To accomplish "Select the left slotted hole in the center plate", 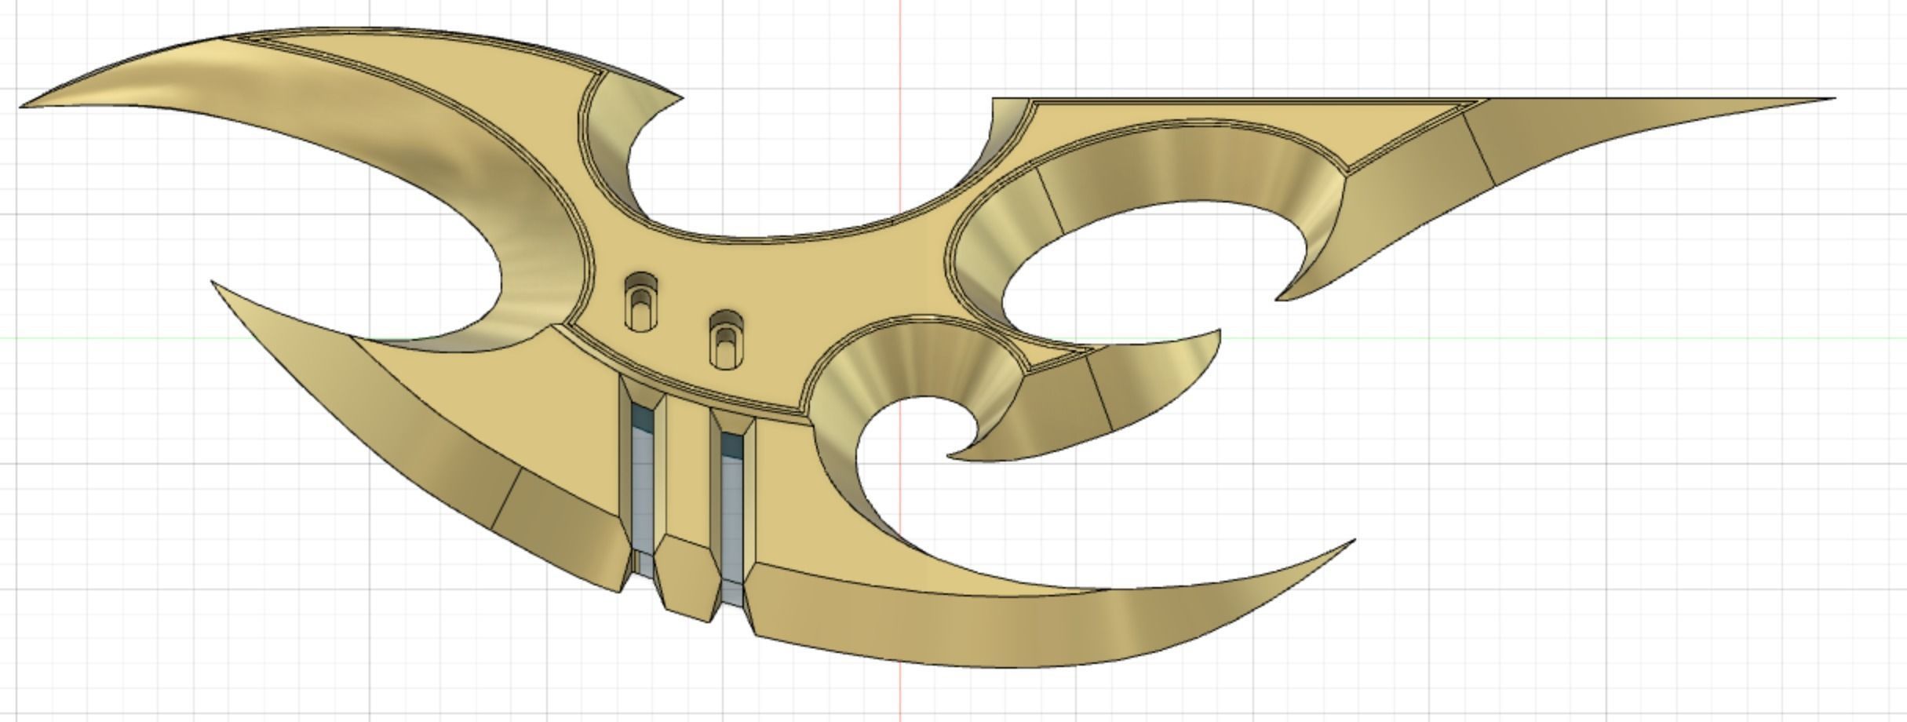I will pos(641,301).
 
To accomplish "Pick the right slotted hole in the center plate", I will pos(726,340).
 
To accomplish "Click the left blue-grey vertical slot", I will pos(644,487).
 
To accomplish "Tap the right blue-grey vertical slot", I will pos(732,510).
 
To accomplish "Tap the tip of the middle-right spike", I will pos(1218,333).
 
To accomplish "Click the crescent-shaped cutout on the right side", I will pos(1146,251).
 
